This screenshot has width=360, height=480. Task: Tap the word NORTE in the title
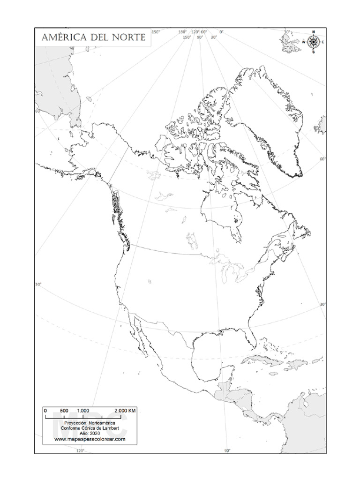coord(129,37)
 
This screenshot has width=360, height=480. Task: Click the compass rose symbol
coord(313,42)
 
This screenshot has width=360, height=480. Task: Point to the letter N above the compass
coord(313,32)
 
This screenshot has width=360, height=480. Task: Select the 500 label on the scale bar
coord(65,410)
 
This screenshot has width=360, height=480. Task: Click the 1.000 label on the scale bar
coord(83,410)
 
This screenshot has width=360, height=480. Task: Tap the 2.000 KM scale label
coord(125,410)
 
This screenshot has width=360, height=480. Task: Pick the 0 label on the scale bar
coord(45,410)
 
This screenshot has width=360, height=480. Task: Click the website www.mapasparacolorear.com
coord(90,439)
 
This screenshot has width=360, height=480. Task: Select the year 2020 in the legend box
coord(97,434)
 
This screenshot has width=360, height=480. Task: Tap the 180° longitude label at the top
coord(182,32)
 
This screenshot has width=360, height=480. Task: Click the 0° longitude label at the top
coord(221,32)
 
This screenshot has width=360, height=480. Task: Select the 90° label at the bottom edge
coord(227,451)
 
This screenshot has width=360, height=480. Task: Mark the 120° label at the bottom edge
coord(80,451)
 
